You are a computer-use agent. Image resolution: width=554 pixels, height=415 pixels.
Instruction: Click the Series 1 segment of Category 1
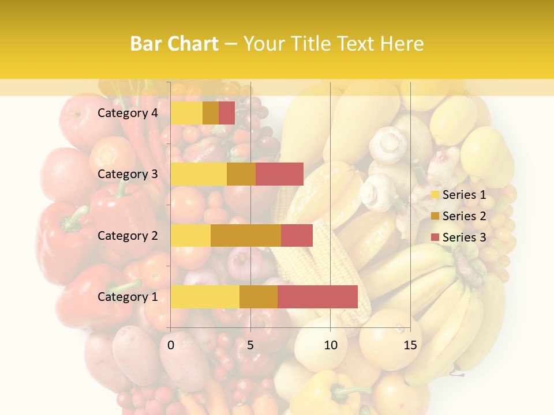point(205,297)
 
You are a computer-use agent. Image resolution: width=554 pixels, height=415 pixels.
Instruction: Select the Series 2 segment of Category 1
point(259,297)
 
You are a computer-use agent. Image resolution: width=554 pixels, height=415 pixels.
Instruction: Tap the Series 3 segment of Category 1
point(317,297)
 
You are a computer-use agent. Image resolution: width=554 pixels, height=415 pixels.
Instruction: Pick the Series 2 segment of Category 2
point(246,235)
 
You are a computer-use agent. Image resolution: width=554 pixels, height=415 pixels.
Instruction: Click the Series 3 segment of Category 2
point(297,235)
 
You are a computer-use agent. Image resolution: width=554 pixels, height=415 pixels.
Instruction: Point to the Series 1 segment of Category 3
point(199,174)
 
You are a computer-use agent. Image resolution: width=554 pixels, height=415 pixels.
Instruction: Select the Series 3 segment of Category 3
point(279,174)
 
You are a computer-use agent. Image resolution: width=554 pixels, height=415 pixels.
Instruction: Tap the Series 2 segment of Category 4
point(211,113)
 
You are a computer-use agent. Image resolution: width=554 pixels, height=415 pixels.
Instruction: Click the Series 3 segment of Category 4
point(227,113)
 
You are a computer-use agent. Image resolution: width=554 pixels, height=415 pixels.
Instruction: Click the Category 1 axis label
point(128,297)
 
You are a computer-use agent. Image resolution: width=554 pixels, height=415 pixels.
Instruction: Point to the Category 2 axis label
point(128,235)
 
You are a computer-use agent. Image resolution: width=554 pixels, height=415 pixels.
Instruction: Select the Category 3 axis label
point(128,174)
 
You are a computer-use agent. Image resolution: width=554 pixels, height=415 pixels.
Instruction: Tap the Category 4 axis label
point(128,113)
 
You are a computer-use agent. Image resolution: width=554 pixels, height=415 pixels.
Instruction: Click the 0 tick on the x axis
point(171,345)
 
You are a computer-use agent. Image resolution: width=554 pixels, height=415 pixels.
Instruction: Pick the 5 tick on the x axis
point(250,345)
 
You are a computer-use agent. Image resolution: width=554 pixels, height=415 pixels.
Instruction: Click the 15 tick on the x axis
point(410,345)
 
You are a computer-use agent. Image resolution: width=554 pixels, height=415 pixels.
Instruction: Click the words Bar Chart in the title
point(174,44)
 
